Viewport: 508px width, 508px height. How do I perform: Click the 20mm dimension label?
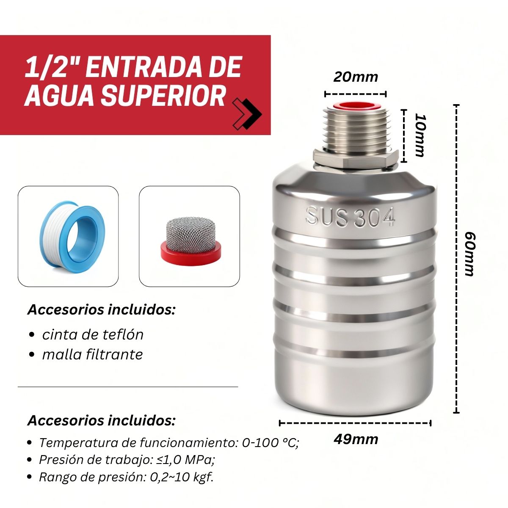pos(355,77)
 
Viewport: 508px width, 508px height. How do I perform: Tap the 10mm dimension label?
pos(420,135)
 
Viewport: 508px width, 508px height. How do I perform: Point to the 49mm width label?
pos(356,439)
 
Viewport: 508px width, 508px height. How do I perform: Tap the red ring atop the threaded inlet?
pos(355,106)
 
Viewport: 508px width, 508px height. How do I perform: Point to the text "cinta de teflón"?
pos(93,335)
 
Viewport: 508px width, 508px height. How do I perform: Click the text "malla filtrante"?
pos(93,354)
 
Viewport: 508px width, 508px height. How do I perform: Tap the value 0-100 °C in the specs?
pos(270,443)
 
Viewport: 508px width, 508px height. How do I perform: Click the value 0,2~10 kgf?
pos(182,477)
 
